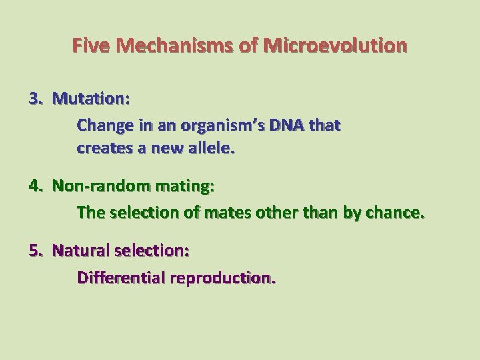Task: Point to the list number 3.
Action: point(35,99)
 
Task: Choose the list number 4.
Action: point(35,187)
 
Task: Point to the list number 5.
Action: point(35,251)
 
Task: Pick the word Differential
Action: point(121,277)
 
